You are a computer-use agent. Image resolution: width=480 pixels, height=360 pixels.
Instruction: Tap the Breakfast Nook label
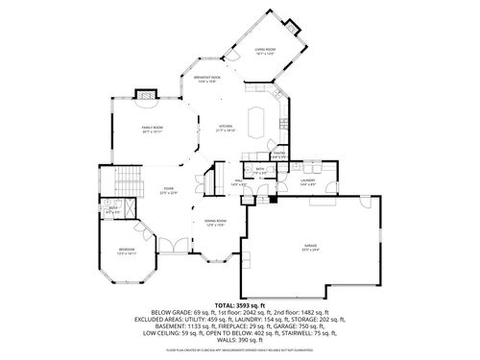click(x=206, y=80)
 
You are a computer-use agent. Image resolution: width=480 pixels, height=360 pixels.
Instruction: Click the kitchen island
click(x=256, y=123)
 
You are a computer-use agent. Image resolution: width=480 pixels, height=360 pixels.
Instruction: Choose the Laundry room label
click(x=308, y=180)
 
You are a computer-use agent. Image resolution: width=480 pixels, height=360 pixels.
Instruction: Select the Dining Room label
click(x=216, y=223)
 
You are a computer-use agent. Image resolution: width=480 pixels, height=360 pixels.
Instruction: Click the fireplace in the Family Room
click(x=146, y=95)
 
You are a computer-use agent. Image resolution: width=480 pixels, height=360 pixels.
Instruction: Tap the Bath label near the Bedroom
click(x=113, y=209)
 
